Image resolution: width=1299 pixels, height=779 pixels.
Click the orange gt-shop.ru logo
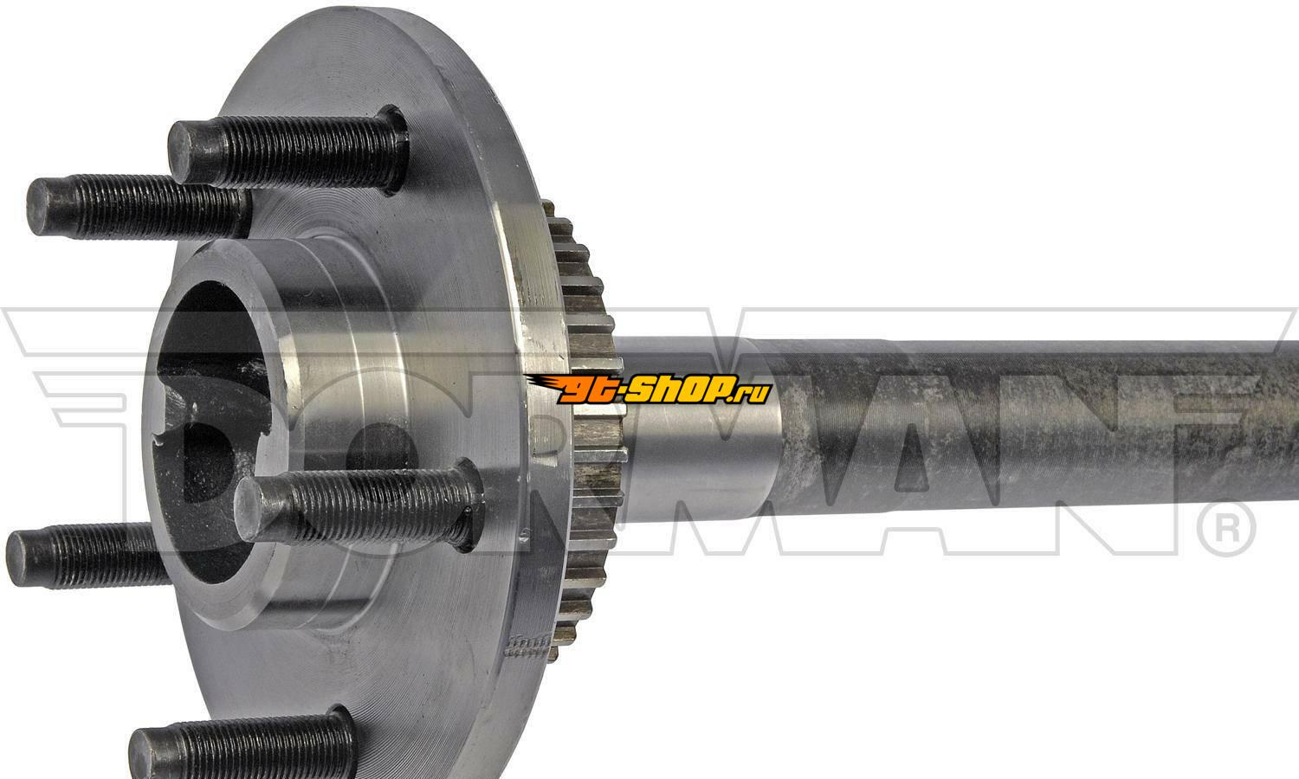tap(649, 389)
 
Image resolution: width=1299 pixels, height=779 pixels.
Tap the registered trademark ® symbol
tap(1226, 530)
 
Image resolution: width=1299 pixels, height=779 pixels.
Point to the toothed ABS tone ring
tap(585, 429)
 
